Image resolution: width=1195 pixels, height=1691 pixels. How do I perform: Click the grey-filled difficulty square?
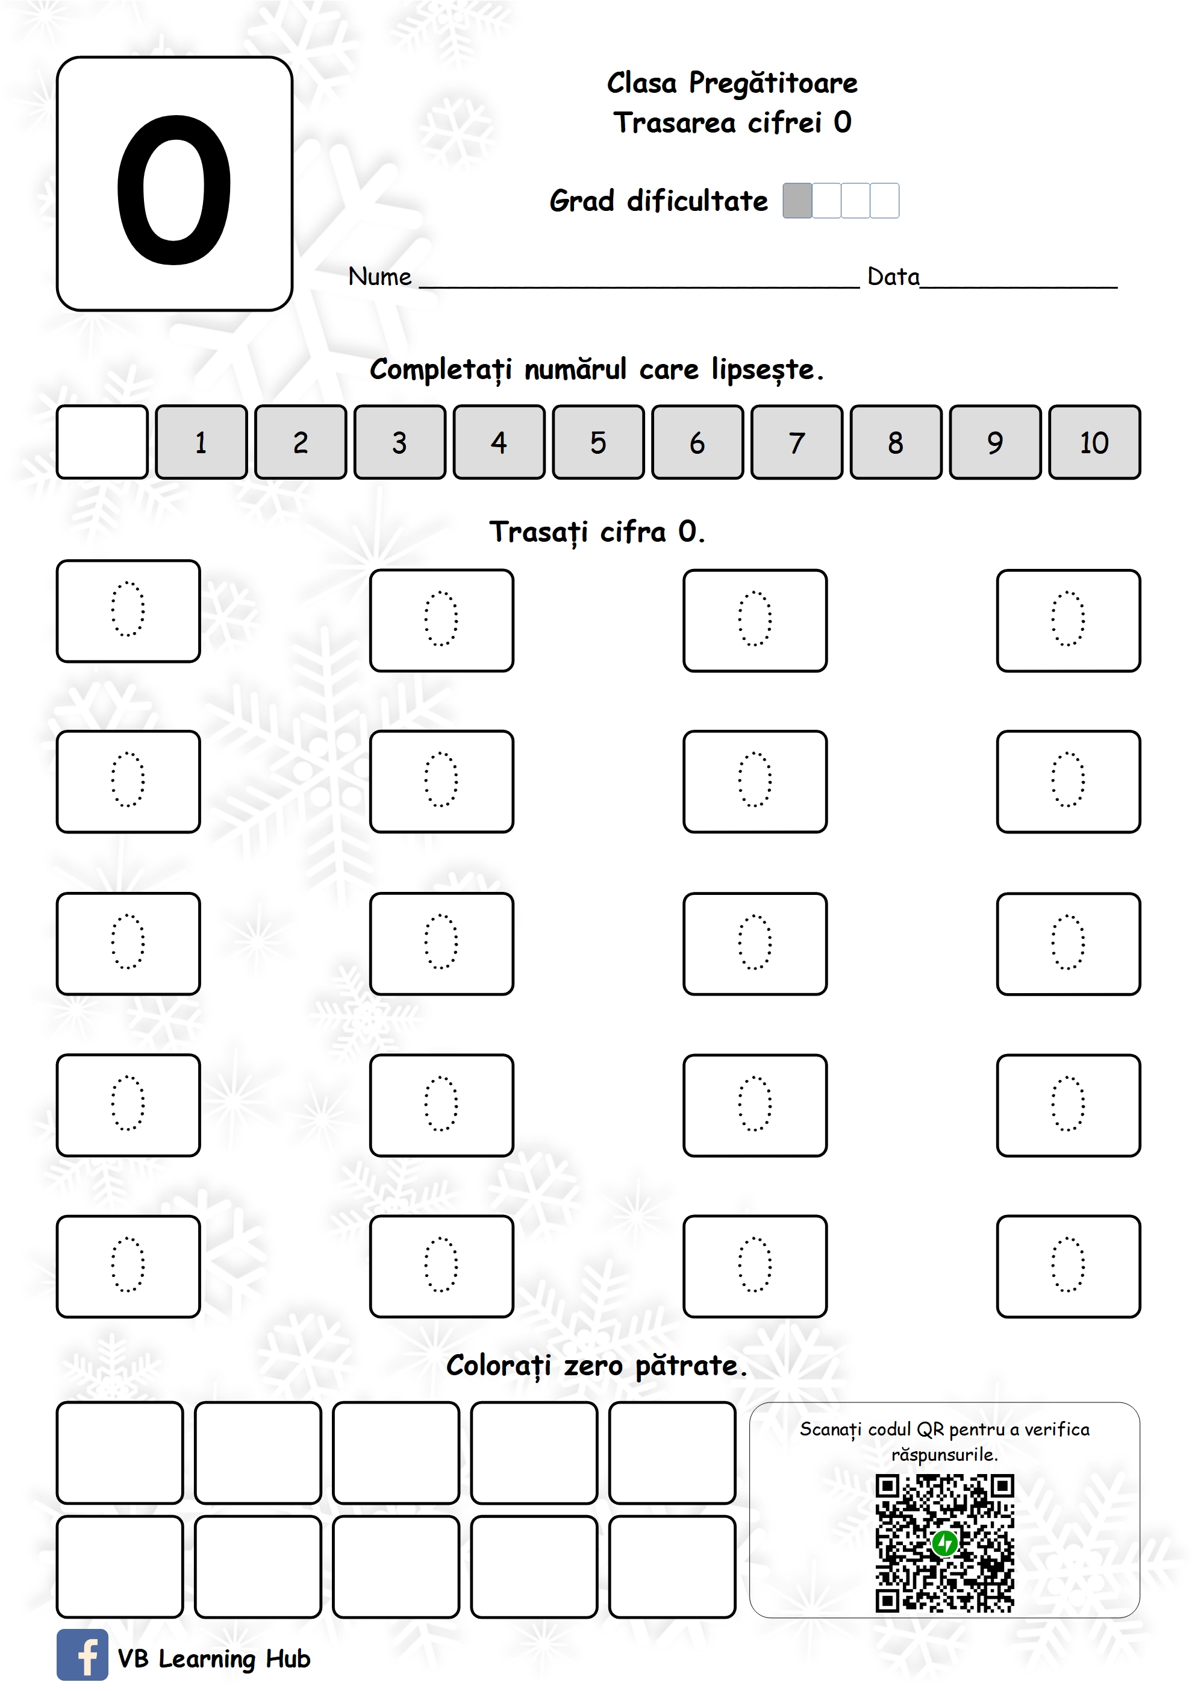pos(797,200)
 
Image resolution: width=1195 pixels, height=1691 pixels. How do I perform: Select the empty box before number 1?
pos(102,442)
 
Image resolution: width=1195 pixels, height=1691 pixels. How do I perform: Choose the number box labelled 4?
pos(499,442)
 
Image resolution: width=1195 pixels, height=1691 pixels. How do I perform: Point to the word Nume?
pos(379,277)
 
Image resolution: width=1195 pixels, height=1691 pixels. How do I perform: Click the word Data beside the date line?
pos(893,277)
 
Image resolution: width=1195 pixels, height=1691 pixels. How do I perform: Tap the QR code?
pos(944,1542)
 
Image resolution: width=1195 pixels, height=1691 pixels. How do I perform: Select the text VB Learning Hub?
pos(214,1658)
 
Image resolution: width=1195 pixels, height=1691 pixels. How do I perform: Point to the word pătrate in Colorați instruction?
pos(686,1366)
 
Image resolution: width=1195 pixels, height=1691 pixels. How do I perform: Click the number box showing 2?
pos(301,442)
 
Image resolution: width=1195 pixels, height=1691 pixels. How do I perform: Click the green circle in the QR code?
pos(944,1542)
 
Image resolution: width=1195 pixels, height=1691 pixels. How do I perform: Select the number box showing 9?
pos(994,442)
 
